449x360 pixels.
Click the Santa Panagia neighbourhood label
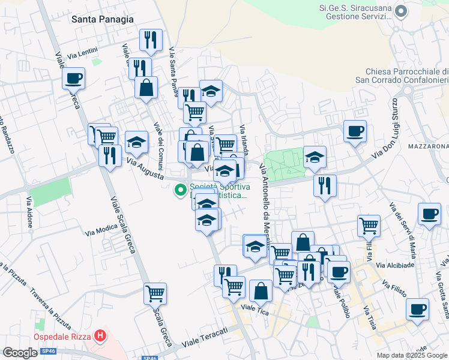coord(102,19)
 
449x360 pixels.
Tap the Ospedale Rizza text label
coord(62,337)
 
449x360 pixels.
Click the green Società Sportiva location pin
coord(179,191)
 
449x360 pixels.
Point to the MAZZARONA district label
coord(428,146)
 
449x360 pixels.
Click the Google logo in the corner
coord(20,353)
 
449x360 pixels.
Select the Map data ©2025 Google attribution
coord(412,355)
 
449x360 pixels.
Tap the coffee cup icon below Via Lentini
coord(73,78)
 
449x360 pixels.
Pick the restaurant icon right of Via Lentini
coord(151,40)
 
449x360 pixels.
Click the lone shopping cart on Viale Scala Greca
coord(155,293)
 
